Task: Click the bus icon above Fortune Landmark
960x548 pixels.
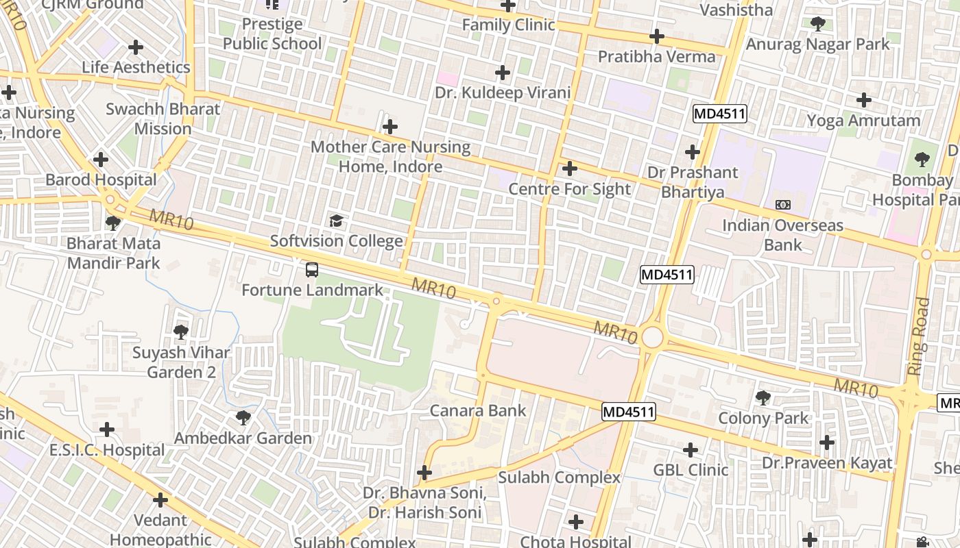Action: [x=312, y=270]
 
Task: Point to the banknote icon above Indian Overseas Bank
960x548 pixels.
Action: [x=783, y=205]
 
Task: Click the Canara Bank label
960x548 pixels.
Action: [x=478, y=411]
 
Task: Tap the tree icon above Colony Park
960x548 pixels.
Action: [x=763, y=398]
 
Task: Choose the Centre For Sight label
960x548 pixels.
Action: [x=570, y=189]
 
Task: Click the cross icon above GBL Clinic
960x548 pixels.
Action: [x=691, y=450]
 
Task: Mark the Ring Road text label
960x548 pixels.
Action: [x=919, y=336]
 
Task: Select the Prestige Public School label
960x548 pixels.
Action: [x=272, y=34]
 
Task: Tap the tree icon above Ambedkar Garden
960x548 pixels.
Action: [x=243, y=418]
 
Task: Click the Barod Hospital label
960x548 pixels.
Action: [x=101, y=180]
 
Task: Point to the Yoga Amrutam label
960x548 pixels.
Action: [x=863, y=121]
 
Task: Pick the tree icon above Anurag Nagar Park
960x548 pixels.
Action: [x=817, y=25]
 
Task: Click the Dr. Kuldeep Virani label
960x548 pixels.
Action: [x=503, y=92]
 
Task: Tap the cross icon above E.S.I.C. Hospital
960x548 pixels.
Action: [x=106, y=430]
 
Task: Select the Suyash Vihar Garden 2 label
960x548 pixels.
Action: [x=181, y=362]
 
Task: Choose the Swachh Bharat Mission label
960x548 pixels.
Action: [x=163, y=119]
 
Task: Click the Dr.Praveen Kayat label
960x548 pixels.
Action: [x=828, y=463]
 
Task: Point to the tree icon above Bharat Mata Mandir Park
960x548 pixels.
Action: [x=113, y=223]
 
